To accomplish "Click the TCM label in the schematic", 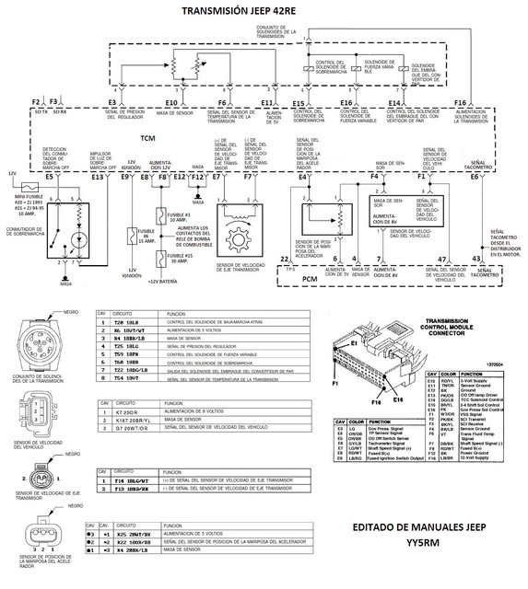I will (147, 137).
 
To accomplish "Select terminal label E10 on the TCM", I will (171, 102).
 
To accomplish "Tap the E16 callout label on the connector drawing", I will (396, 400).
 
